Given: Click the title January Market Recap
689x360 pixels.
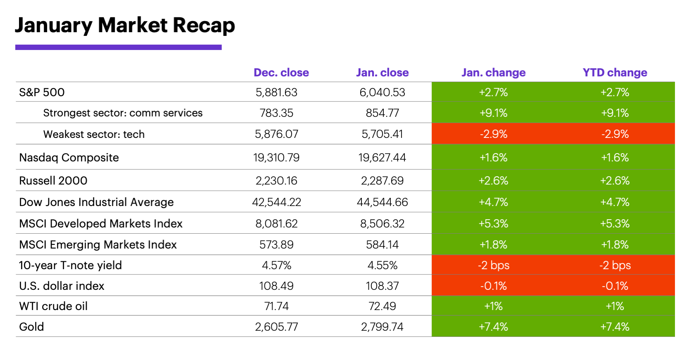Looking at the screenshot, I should point(125,26).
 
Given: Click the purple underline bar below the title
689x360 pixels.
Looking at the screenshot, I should point(118,47).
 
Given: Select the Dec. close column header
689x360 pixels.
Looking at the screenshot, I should point(281,73).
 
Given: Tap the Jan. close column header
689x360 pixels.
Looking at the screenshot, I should point(382,73).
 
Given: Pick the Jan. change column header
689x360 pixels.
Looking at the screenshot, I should point(493,73).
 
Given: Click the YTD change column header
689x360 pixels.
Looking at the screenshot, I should point(615,73).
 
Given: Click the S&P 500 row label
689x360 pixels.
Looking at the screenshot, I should point(42,92).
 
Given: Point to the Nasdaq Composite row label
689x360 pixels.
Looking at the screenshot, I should point(69,157).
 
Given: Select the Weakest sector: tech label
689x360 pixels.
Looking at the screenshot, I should point(94,134).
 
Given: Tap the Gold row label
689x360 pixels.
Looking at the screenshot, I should point(31,327).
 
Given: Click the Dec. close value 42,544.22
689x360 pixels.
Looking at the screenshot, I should point(276,202).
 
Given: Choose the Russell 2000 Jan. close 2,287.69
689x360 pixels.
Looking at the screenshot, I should point(382,180).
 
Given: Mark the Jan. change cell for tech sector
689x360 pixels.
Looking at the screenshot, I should point(493,134).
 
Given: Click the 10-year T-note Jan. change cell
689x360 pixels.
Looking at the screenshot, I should point(493,265).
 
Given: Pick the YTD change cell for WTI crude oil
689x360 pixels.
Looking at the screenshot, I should point(615,306).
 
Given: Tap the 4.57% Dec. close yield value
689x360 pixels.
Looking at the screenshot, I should point(276,265).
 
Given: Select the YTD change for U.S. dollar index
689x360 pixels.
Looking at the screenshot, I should point(615,286).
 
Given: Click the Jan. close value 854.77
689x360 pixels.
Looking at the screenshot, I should point(382,113).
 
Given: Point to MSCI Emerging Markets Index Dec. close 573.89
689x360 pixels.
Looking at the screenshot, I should point(276,244).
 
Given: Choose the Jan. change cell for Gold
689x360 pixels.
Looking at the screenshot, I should point(493,327).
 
